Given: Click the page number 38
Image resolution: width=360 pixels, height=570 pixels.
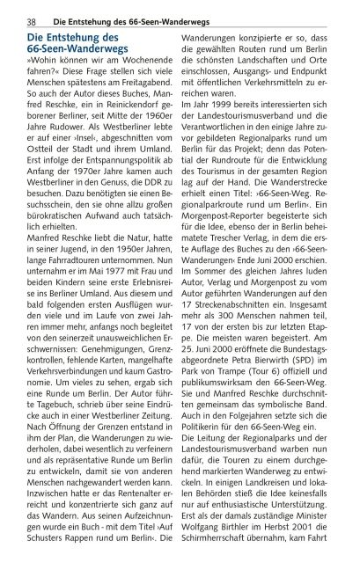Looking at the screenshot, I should [x=31, y=20].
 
